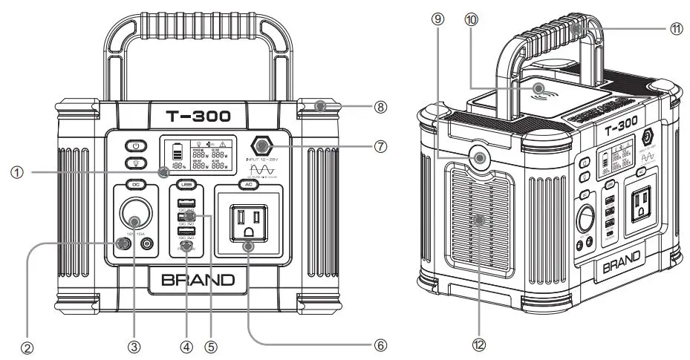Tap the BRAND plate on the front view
(192, 280)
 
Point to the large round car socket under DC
(135, 220)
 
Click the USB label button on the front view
(186, 184)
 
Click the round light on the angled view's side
(479, 158)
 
